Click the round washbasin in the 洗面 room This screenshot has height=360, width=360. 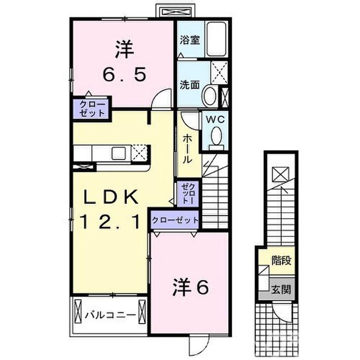click(x=210, y=96)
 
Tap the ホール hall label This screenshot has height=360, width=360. click(x=188, y=148)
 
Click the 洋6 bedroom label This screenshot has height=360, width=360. click(x=191, y=287)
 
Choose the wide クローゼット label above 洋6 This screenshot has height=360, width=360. click(x=175, y=220)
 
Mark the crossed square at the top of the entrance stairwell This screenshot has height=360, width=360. click(x=280, y=173)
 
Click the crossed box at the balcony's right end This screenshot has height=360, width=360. click(x=143, y=313)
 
